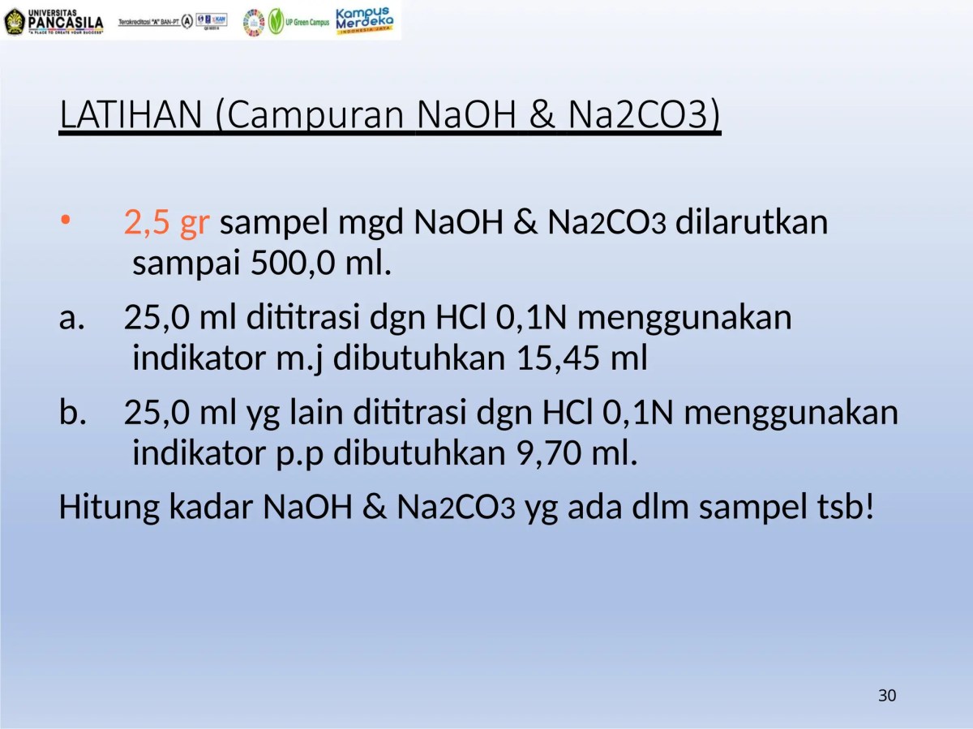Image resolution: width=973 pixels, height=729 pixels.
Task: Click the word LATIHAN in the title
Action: pyautogui.click(x=130, y=116)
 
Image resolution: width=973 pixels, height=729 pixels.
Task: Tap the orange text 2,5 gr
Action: pyautogui.click(x=166, y=222)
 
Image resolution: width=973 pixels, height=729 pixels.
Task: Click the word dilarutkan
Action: pyautogui.click(x=752, y=222)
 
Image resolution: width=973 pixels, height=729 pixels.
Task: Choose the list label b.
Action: pyautogui.click(x=72, y=414)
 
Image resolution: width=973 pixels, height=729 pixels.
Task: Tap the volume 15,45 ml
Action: pyautogui.click(x=581, y=358)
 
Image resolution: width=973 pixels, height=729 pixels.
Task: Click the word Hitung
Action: pyautogui.click(x=109, y=508)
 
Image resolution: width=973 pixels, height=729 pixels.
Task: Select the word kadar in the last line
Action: pyautogui.click(x=213, y=508)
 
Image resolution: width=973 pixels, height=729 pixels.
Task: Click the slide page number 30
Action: pyautogui.click(x=887, y=696)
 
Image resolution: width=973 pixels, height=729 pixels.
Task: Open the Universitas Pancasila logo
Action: pyautogui.click(x=54, y=21)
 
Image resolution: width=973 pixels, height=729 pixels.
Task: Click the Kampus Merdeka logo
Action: pyautogui.click(x=364, y=20)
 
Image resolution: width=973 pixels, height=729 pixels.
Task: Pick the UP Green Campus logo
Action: pyautogui.click(x=299, y=21)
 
